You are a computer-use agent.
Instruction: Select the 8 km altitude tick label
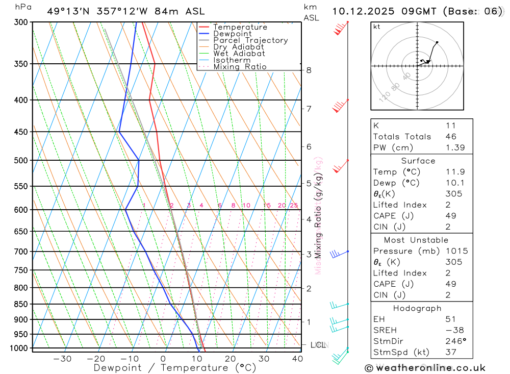[309, 70]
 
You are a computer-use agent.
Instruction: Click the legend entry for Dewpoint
[233, 34]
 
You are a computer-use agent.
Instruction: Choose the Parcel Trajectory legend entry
[250, 40]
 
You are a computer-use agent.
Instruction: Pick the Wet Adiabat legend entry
[239, 54]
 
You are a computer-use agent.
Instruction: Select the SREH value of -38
[454, 330]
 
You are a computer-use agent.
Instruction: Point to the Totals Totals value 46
[450, 136]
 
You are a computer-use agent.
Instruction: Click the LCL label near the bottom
[318, 345]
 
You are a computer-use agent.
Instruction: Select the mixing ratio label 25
[294, 206]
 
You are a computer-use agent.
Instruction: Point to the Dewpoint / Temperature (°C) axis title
[175, 367]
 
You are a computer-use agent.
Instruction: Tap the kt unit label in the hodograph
[377, 27]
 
